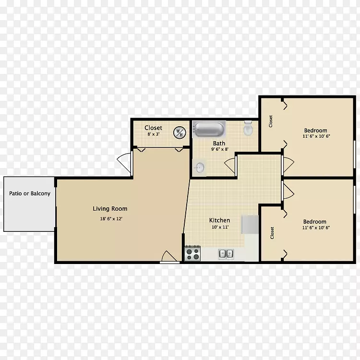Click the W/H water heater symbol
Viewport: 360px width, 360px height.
180,132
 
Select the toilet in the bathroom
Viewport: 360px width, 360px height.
248,128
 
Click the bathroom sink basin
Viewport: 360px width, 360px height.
199,167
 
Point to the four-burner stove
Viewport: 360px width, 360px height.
192,253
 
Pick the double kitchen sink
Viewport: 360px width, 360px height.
226,254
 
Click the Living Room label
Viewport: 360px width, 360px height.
110,209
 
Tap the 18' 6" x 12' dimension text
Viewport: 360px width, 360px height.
111,219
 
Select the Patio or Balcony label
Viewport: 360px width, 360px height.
30,193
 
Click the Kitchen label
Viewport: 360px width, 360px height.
219,220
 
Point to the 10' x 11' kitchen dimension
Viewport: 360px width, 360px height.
220,228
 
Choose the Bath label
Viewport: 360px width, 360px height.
219,143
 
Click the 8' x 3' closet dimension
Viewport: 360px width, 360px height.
154,134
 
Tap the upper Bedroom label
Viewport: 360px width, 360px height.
316,131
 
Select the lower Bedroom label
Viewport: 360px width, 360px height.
315,222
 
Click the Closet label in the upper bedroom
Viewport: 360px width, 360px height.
271,121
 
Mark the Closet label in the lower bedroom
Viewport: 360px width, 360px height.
272,233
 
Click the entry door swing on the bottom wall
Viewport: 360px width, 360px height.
170,256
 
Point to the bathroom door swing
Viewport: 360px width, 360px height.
230,165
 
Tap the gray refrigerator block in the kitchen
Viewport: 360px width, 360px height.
250,224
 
